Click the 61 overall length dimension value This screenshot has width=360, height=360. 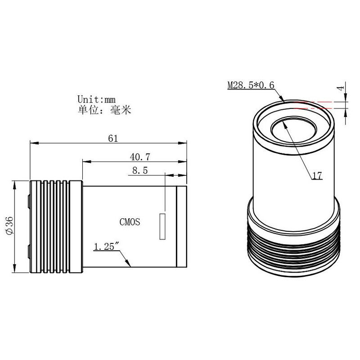112,139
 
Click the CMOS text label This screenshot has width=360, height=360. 130,221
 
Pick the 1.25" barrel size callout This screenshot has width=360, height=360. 106,247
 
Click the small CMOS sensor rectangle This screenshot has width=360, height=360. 162,226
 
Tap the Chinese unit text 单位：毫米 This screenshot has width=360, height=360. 104,110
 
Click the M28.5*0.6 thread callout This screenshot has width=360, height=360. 251,85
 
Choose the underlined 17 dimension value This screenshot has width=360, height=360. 317,176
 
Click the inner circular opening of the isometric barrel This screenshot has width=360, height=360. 294,131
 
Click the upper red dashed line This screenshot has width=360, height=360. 315,102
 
